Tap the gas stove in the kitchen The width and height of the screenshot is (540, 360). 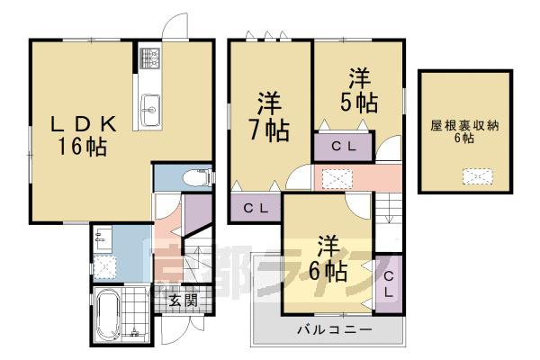pyautogui.click(x=148, y=61)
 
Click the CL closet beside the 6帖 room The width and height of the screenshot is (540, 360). pyautogui.click(x=389, y=284)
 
